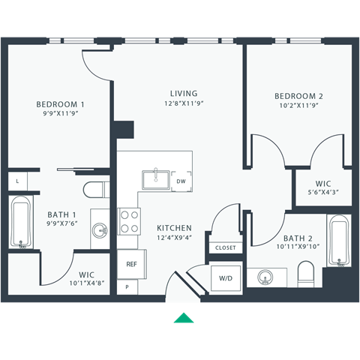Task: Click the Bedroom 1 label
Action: pyautogui.click(x=61, y=104)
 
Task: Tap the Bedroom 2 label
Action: pyautogui.click(x=298, y=96)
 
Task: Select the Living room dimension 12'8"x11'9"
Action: pyautogui.click(x=183, y=104)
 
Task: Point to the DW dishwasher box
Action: pyautogui.click(x=181, y=181)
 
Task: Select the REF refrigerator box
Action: pyautogui.click(x=131, y=264)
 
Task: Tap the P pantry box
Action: pyautogui.click(x=127, y=286)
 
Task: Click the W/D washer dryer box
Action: pyautogui.click(x=226, y=278)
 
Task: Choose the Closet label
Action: pyautogui.click(x=225, y=247)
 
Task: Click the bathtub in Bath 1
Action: pyautogui.click(x=20, y=223)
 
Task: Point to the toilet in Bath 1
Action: pyautogui.click(x=93, y=187)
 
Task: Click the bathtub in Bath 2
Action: pyautogui.click(x=340, y=241)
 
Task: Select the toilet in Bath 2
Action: pyautogui.click(x=305, y=273)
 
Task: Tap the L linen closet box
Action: pyautogui.click(x=16, y=181)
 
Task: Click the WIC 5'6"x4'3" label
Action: pyautogui.click(x=323, y=187)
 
